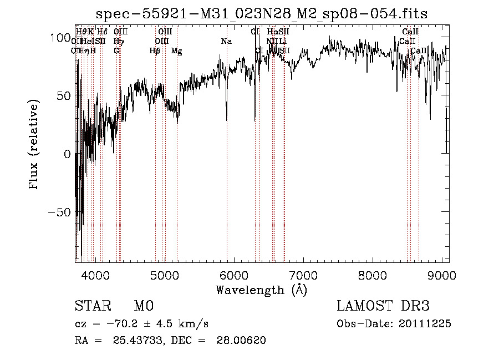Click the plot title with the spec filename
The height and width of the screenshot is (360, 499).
point(262,13)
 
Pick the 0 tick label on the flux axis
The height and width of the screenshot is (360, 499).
point(68,154)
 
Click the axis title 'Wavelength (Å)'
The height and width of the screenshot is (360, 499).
point(261,290)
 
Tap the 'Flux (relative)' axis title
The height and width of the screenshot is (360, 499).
point(34,145)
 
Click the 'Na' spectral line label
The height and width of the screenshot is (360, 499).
point(226,42)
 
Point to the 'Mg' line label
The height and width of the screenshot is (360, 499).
point(177,51)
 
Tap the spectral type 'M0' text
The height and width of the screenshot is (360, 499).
point(143,306)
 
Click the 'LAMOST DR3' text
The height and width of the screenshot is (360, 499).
point(383,306)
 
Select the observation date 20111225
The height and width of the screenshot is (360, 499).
point(425,323)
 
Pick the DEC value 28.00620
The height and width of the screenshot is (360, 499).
point(242,341)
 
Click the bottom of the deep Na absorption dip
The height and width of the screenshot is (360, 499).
point(227,120)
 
